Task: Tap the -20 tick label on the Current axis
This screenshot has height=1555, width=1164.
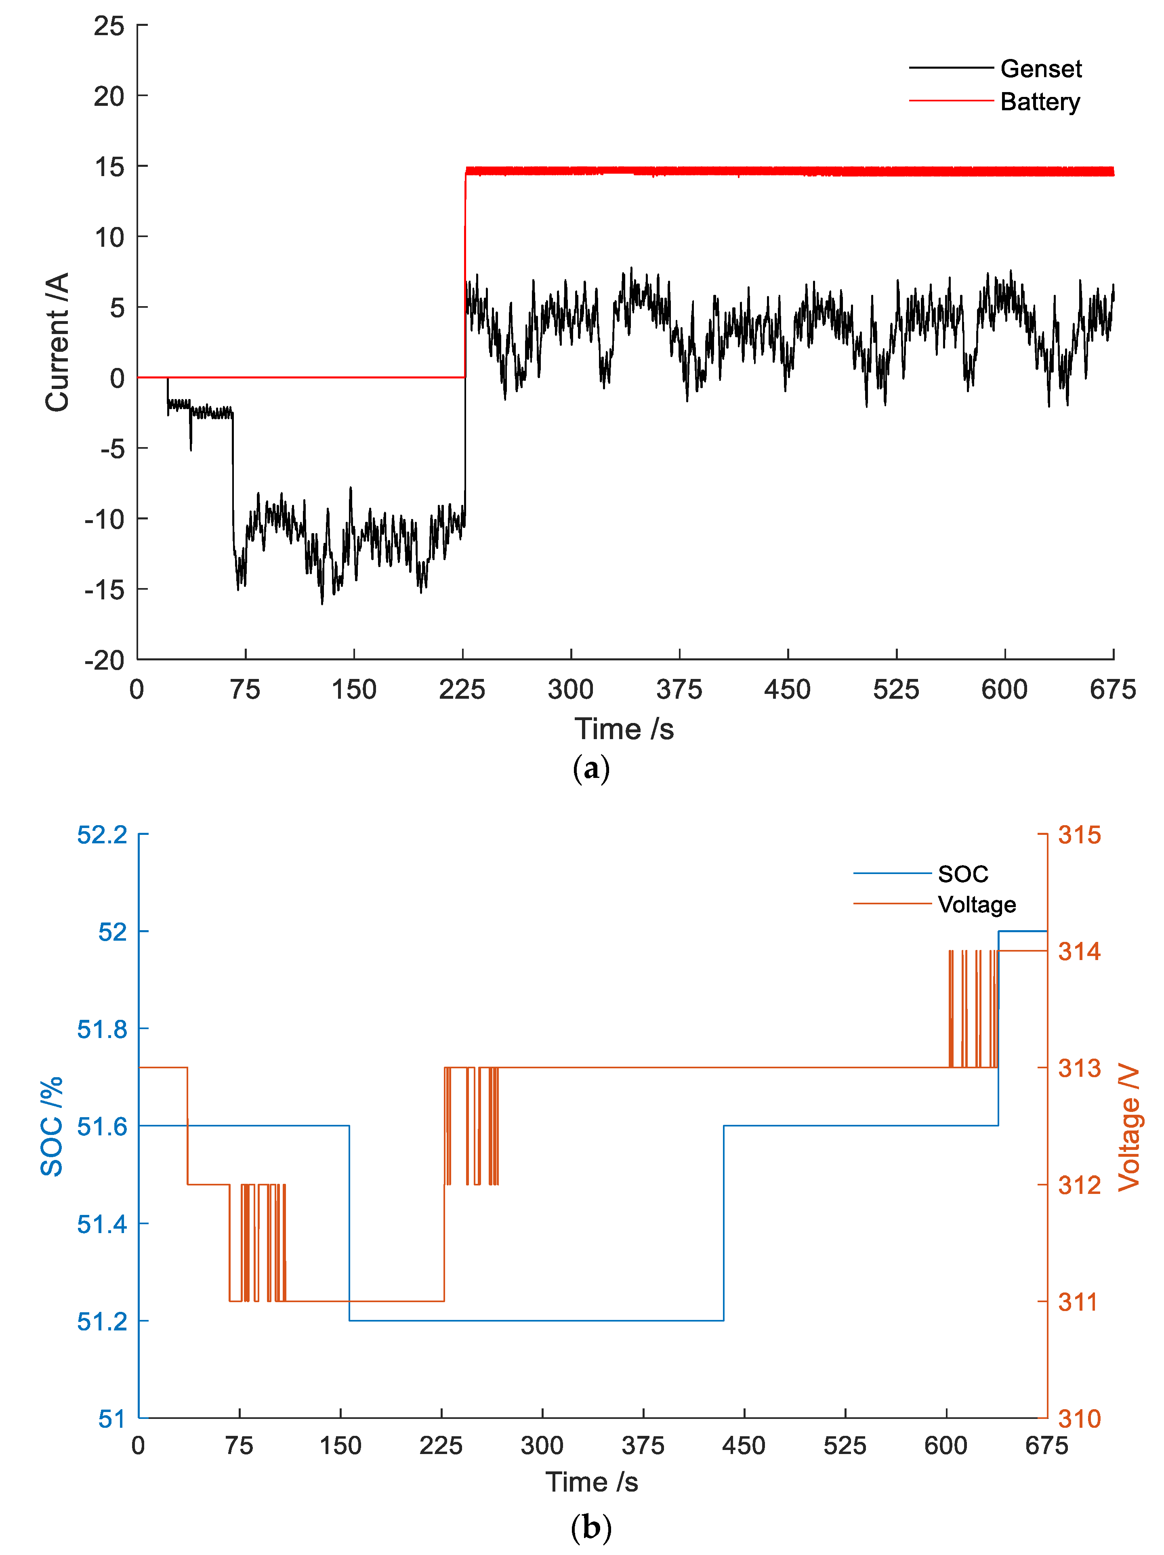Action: (104, 660)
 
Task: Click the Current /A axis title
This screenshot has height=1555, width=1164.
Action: (58, 343)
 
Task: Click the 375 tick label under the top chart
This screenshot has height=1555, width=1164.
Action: (679, 689)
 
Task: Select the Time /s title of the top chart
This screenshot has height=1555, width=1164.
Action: (624, 729)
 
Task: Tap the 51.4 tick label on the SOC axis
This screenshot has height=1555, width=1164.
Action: (103, 1224)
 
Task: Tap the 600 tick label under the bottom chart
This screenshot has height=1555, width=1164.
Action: (945, 1446)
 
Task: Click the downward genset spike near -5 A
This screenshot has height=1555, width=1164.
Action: (191, 443)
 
